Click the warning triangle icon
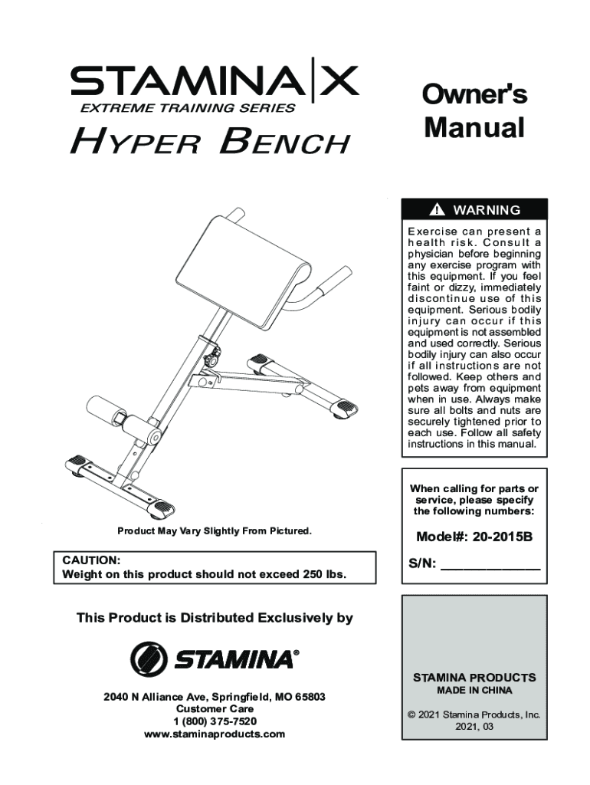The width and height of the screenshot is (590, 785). coord(437,210)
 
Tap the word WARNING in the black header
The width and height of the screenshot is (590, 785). coord(487,210)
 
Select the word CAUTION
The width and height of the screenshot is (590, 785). coord(90,560)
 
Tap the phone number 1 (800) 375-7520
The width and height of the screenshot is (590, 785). coord(215,721)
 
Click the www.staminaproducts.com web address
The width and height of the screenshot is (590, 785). coord(215,734)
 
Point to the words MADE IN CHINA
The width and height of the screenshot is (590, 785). coord(474,690)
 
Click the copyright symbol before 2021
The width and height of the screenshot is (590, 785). coord(411,714)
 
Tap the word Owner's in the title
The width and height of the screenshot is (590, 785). coord(474,95)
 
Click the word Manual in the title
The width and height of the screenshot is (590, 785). coord(474,127)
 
